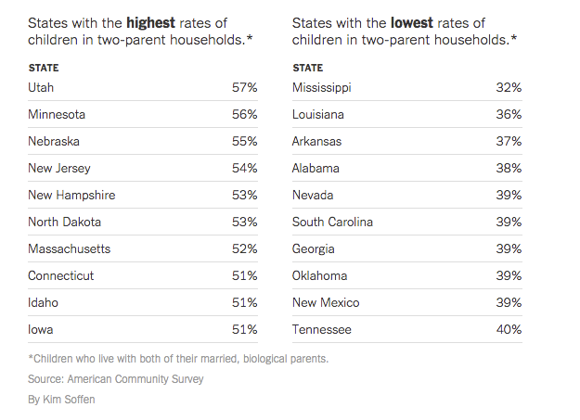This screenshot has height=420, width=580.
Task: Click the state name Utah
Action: click(x=41, y=87)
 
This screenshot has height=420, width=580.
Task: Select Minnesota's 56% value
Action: click(x=244, y=114)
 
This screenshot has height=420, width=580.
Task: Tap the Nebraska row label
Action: click(x=54, y=141)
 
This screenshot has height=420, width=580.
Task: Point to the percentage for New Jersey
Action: click(x=244, y=168)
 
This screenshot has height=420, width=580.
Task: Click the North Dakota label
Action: click(x=65, y=222)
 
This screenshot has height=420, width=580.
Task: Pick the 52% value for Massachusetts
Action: click(x=244, y=248)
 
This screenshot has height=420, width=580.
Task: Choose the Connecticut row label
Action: click(x=61, y=275)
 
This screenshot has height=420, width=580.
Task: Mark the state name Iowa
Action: click(x=42, y=329)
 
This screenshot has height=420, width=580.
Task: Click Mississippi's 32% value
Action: click(x=509, y=87)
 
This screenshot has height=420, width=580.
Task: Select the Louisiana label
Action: click(x=318, y=114)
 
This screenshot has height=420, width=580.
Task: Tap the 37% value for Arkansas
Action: click(x=509, y=141)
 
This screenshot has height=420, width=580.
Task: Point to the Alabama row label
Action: click(x=316, y=168)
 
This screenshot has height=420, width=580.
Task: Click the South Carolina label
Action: click(x=333, y=222)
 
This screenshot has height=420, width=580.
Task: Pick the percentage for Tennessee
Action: click(x=509, y=329)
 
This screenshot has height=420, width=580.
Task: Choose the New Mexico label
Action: click(x=326, y=302)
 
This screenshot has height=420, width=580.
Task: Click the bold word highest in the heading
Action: click(x=152, y=22)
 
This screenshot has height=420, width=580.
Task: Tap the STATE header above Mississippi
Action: click(x=308, y=68)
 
